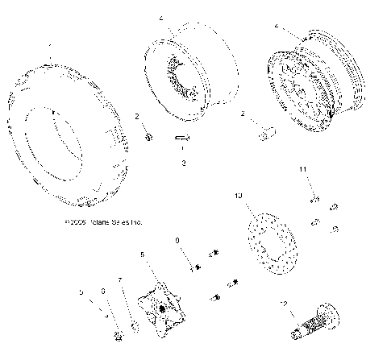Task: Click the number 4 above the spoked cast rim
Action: (277, 27)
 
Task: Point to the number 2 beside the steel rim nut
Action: (137, 117)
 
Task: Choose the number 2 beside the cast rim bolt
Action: (243, 114)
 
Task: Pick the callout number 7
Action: (120, 280)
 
